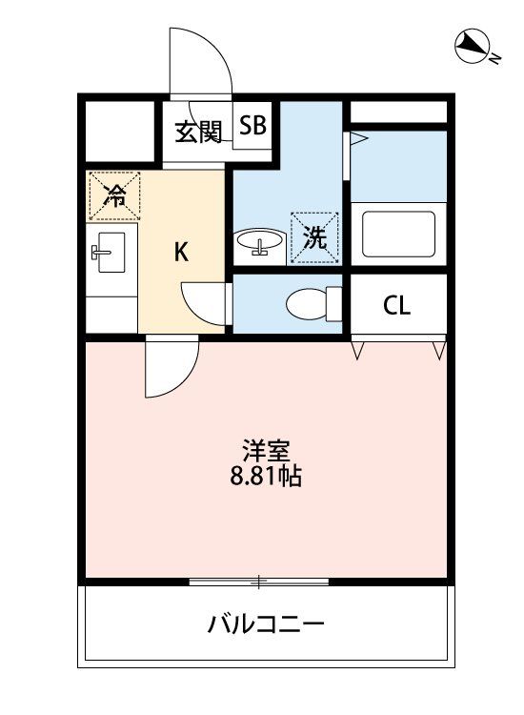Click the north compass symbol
472,46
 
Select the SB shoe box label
253,126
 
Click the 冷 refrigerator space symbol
114,196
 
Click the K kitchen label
181,253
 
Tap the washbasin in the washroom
257,242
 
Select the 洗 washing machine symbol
314,237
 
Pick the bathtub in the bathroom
398,234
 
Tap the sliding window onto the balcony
259,581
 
